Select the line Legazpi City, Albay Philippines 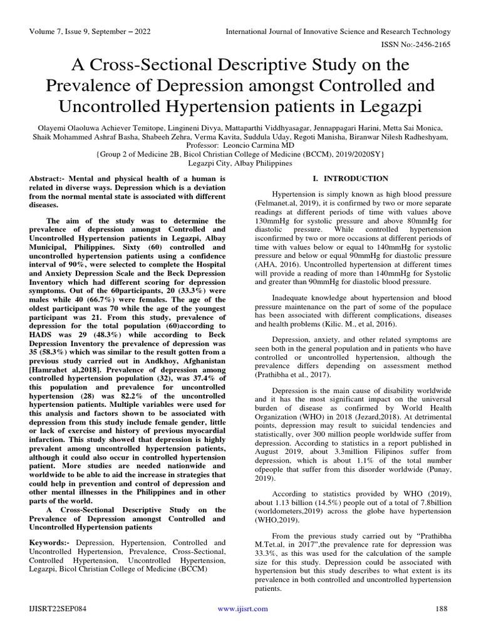[240, 163]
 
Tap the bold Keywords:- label [51, 543]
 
